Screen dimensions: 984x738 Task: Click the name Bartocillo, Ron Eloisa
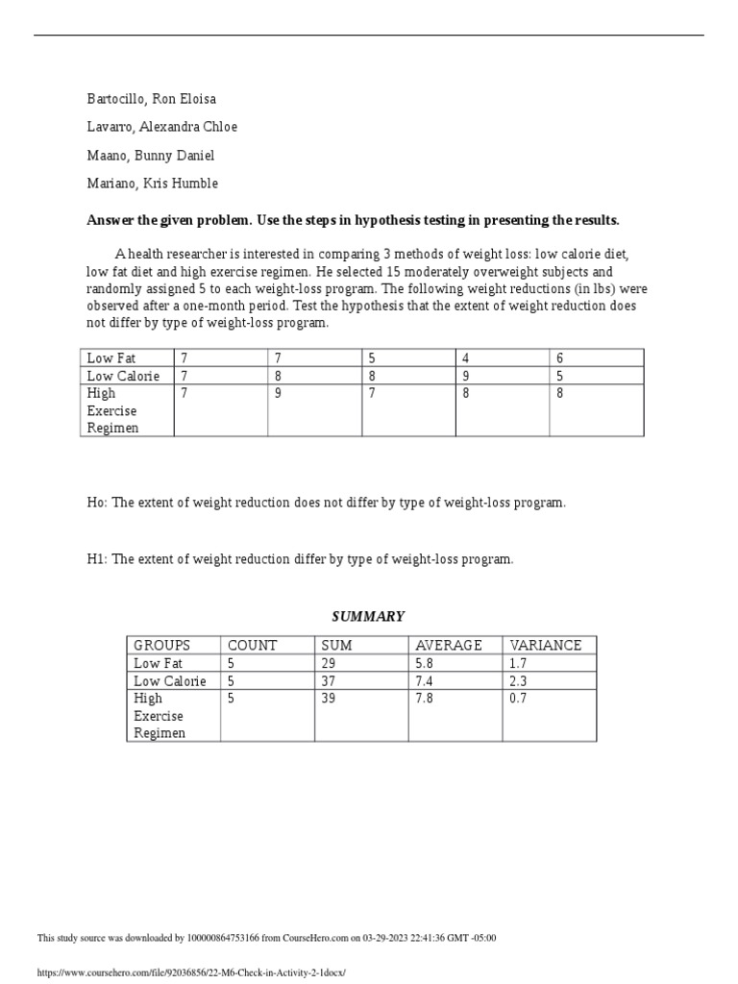[x=151, y=99]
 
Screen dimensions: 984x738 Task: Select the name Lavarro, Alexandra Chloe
[x=161, y=127]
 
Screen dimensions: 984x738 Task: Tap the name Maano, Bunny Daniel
[x=150, y=156]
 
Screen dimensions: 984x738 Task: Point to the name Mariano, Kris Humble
[x=152, y=184]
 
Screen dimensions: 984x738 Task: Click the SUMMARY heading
[x=368, y=617]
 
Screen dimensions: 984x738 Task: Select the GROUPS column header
[x=161, y=646]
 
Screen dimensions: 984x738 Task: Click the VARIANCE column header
[x=546, y=646]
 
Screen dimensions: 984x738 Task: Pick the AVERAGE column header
[x=448, y=646]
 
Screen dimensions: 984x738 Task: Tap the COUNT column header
[x=252, y=646]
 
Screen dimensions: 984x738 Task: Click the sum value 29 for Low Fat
[x=329, y=663]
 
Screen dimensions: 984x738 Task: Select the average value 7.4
[x=424, y=681]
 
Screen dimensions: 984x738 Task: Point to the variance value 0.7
[x=518, y=699]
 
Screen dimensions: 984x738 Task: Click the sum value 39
[x=329, y=699]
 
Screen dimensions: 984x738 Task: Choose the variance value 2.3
[x=518, y=681]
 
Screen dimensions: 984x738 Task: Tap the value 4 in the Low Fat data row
[x=466, y=358]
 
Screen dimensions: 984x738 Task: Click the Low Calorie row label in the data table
[x=123, y=376]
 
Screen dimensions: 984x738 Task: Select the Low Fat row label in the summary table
[x=159, y=663]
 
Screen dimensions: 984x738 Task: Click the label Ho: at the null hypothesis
[x=97, y=503]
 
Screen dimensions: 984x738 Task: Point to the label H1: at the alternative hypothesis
[x=97, y=559]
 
